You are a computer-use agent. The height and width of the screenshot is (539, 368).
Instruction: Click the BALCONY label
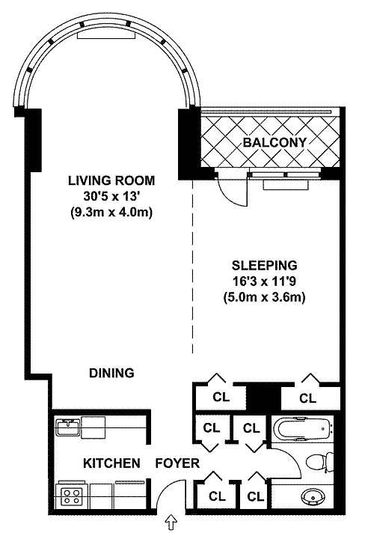tap(275, 142)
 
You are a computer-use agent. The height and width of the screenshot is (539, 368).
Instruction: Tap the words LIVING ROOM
tap(111, 180)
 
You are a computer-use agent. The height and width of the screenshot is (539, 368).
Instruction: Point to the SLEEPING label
tap(264, 265)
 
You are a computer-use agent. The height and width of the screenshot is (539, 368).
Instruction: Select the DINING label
tap(111, 373)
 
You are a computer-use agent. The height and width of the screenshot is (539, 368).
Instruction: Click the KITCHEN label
tap(111, 463)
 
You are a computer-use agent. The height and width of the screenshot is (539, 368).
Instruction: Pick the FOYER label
tap(177, 463)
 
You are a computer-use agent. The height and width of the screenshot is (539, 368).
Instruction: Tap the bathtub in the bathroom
tap(302, 429)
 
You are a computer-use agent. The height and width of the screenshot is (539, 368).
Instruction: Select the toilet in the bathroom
tap(320, 463)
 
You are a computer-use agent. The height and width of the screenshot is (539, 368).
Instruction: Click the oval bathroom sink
tap(313, 496)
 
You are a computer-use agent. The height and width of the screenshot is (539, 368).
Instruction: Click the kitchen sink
tap(68, 427)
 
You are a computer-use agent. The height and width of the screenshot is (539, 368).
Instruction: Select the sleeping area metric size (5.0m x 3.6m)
tap(264, 297)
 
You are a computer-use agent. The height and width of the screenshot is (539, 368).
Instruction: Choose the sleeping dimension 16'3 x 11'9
tap(264, 281)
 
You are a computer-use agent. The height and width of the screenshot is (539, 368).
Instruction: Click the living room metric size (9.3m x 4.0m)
tap(111, 213)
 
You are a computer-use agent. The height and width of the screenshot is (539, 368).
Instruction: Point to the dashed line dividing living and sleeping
tap(192, 267)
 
